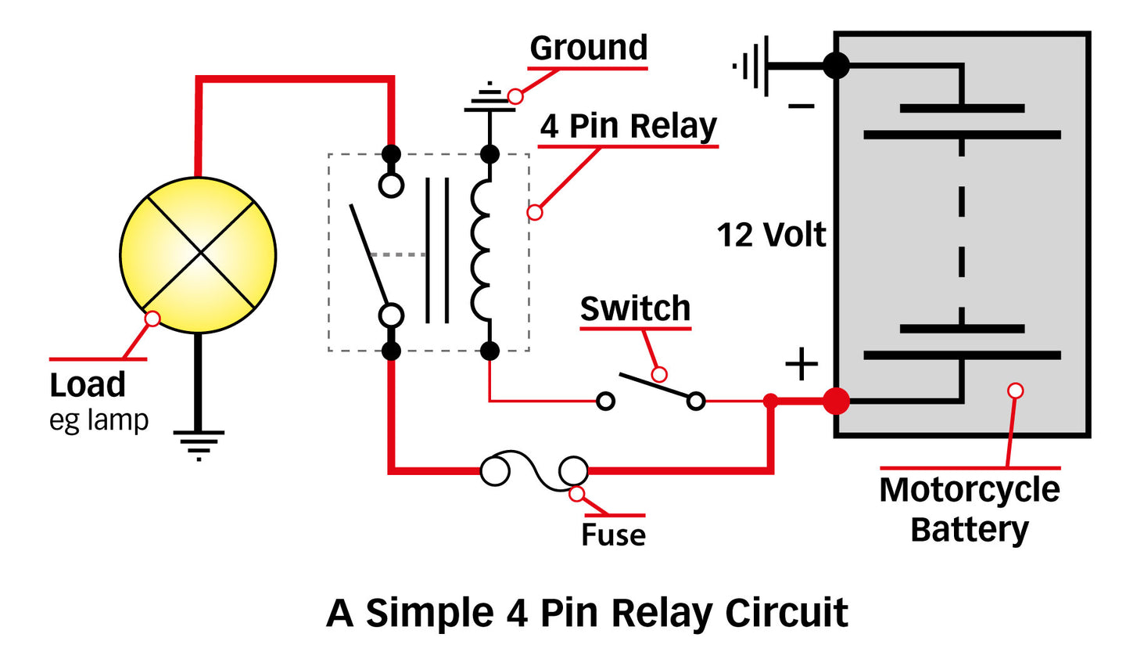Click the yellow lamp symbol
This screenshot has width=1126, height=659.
pyautogui.click(x=198, y=254)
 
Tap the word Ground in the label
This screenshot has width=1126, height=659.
pyautogui.click(x=589, y=48)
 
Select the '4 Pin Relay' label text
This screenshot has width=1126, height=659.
pyautogui.click(x=629, y=126)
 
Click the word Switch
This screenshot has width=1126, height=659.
pyautogui.click(x=635, y=309)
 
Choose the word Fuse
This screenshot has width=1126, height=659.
pyautogui.click(x=613, y=535)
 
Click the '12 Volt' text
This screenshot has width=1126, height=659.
pyautogui.click(x=771, y=235)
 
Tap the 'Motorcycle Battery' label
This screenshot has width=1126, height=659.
pyautogui.click(x=970, y=510)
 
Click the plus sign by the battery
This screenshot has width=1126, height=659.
pyautogui.click(x=801, y=365)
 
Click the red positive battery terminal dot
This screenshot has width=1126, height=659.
pyautogui.click(x=836, y=402)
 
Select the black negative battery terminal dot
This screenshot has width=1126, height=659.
pyautogui.click(x=836, y=66)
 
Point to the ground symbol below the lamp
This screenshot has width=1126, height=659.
pyautogui.click(x=199, y=444)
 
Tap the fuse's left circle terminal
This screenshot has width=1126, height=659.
pyautogui.click(x=495, y=471)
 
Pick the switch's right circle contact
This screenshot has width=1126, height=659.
pyautogui.click(x=696, y=402)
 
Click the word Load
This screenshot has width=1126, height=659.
pyautogui.click(x=88, y=385)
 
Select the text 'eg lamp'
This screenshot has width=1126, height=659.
pyautogui.click(x=99, y=420)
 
